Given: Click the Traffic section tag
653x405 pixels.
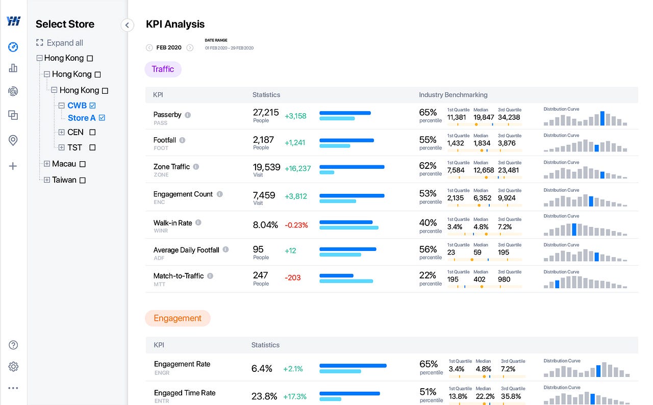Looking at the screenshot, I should (163, 69).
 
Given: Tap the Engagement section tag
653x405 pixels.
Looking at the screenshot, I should (178, 318).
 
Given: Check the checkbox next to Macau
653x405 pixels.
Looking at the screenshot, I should (83, 164).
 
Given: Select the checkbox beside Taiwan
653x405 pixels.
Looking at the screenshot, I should (83, 180).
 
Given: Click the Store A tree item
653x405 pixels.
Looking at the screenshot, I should (82, 118).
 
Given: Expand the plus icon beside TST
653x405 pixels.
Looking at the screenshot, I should (62, 147).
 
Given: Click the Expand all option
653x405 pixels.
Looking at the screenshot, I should (59, 43).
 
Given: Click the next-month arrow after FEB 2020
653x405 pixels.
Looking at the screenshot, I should (190, 48).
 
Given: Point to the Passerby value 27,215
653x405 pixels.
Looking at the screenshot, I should (266, 112).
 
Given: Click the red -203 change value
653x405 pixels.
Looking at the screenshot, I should (293, 278).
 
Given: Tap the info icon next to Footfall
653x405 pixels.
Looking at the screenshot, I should (182, 140).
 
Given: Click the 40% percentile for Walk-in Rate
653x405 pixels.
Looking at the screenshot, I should (428, 223).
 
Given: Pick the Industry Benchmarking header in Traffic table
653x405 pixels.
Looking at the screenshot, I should (453, 95).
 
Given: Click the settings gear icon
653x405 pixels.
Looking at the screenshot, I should (13, 367).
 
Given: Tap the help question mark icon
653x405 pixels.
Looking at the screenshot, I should (13, 345).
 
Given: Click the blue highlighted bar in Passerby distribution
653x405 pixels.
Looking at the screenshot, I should (602, 118).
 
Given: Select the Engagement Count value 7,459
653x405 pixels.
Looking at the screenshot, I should (264, 195).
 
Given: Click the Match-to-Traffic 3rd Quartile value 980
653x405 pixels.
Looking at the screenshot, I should (504, 280).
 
